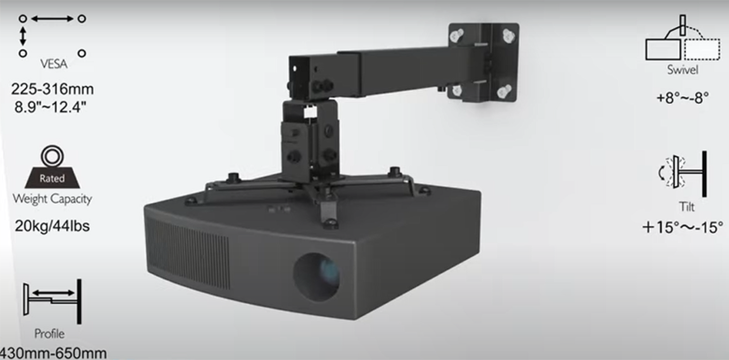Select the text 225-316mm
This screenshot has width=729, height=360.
52,90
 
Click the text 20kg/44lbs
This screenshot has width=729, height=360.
53,225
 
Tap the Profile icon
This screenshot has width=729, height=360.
54,297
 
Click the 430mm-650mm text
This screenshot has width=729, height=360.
54,353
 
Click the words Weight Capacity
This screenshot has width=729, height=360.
52,199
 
